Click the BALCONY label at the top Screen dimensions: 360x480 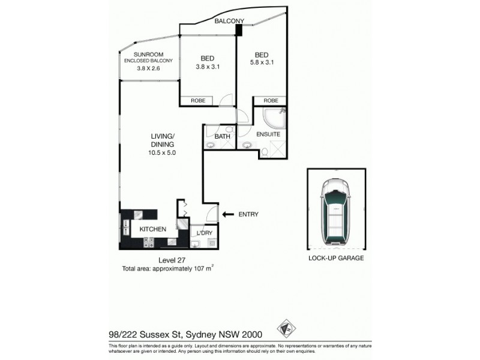(229, 21)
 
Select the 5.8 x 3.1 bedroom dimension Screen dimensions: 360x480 (262, 62)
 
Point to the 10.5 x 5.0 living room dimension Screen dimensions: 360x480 (163, 153)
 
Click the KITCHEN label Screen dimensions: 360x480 (153, 229)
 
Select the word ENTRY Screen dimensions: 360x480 (248, 214)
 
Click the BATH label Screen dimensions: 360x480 (222, 136)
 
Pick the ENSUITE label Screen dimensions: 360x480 (268, 134)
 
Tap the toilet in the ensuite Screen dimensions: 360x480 (264, 154)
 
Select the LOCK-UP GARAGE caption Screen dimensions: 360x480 (336, 259)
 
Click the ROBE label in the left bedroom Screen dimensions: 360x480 (198, 101)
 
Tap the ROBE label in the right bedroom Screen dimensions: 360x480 (271, 101)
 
